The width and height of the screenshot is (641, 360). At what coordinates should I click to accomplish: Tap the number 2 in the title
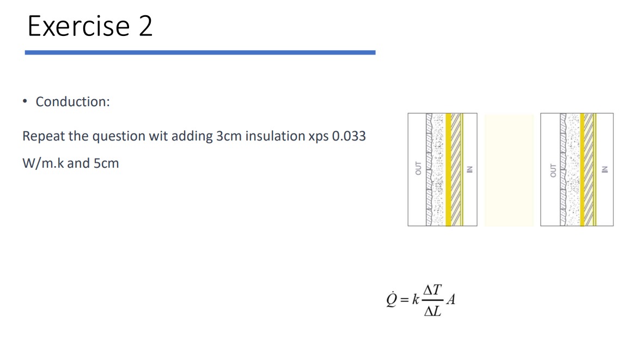(145, 26)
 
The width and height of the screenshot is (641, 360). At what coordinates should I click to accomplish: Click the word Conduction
(72, 102)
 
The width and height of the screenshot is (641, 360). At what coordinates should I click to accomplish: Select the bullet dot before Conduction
(25, 102)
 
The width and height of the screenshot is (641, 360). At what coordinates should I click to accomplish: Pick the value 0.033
(349, 136)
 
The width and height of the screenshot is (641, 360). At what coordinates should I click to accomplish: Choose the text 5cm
(106, 163)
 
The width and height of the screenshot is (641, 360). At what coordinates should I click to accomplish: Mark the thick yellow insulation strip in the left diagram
(449, 169)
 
